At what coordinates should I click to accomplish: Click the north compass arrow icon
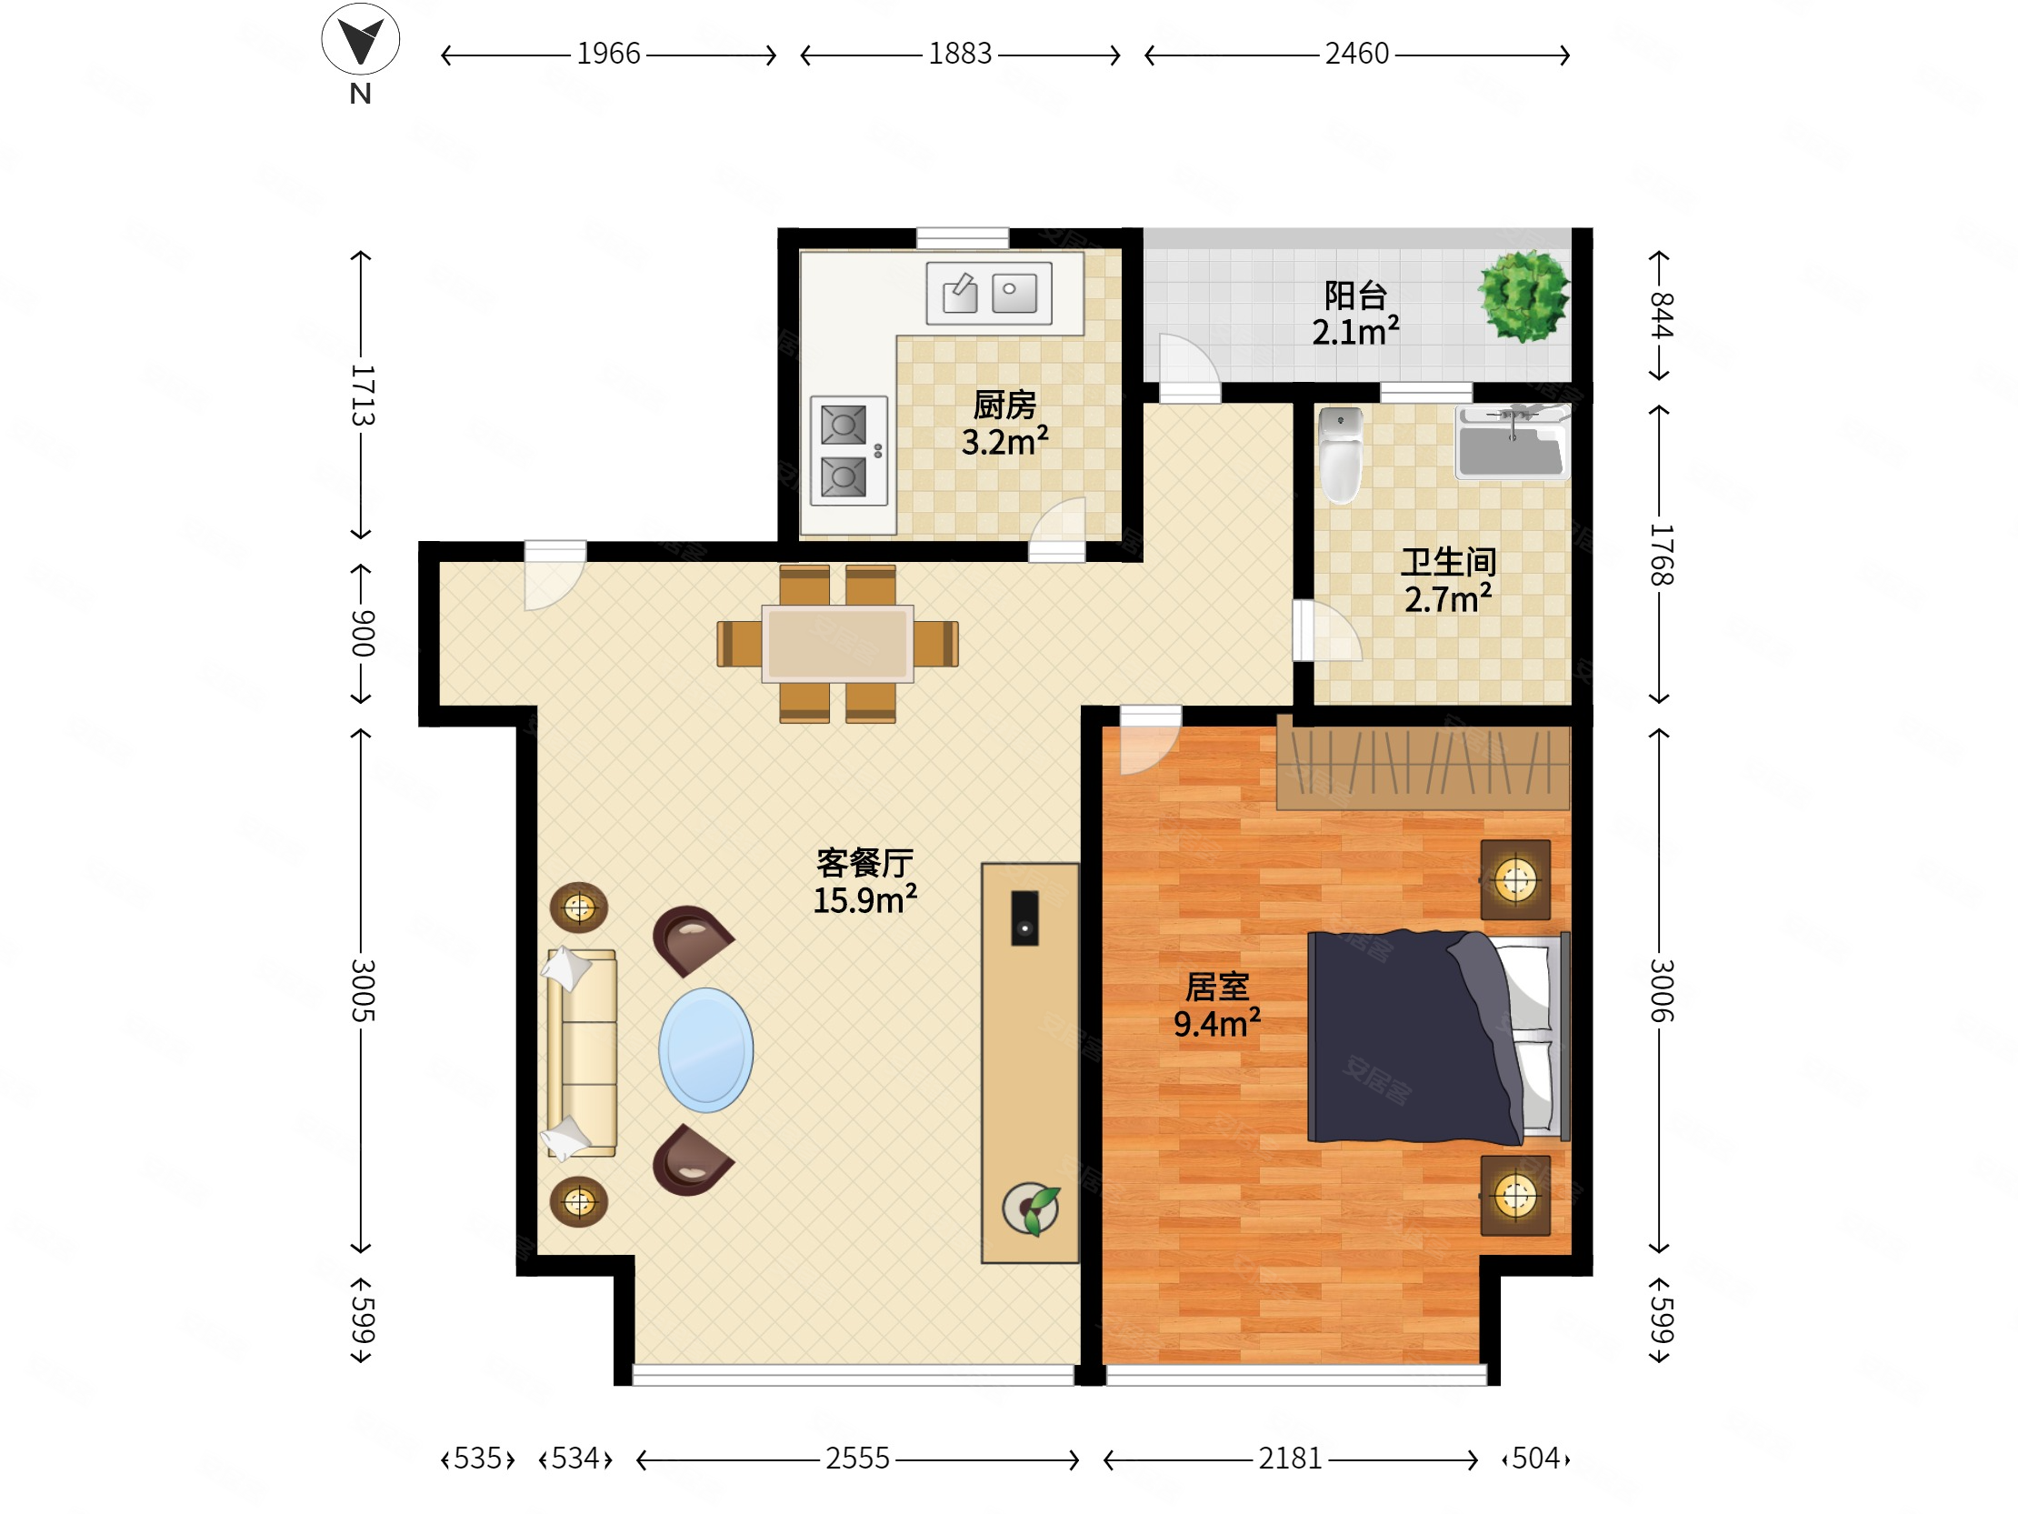360,40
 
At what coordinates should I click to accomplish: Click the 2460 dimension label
1356,55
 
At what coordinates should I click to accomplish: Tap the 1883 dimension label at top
960,55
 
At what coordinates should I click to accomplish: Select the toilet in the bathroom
1340,455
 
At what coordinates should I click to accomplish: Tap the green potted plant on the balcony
1523,296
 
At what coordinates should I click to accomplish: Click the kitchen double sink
989,293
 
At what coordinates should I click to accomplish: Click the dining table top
837,644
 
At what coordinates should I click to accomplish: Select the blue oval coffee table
705,1049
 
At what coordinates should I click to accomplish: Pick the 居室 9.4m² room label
1217,1006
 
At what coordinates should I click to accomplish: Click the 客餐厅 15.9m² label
864,881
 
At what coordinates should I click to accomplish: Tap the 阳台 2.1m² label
1355,314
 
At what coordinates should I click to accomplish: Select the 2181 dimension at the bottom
1290,1459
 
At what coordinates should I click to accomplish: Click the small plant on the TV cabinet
1032,1209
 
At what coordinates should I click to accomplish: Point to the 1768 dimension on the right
1661,554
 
